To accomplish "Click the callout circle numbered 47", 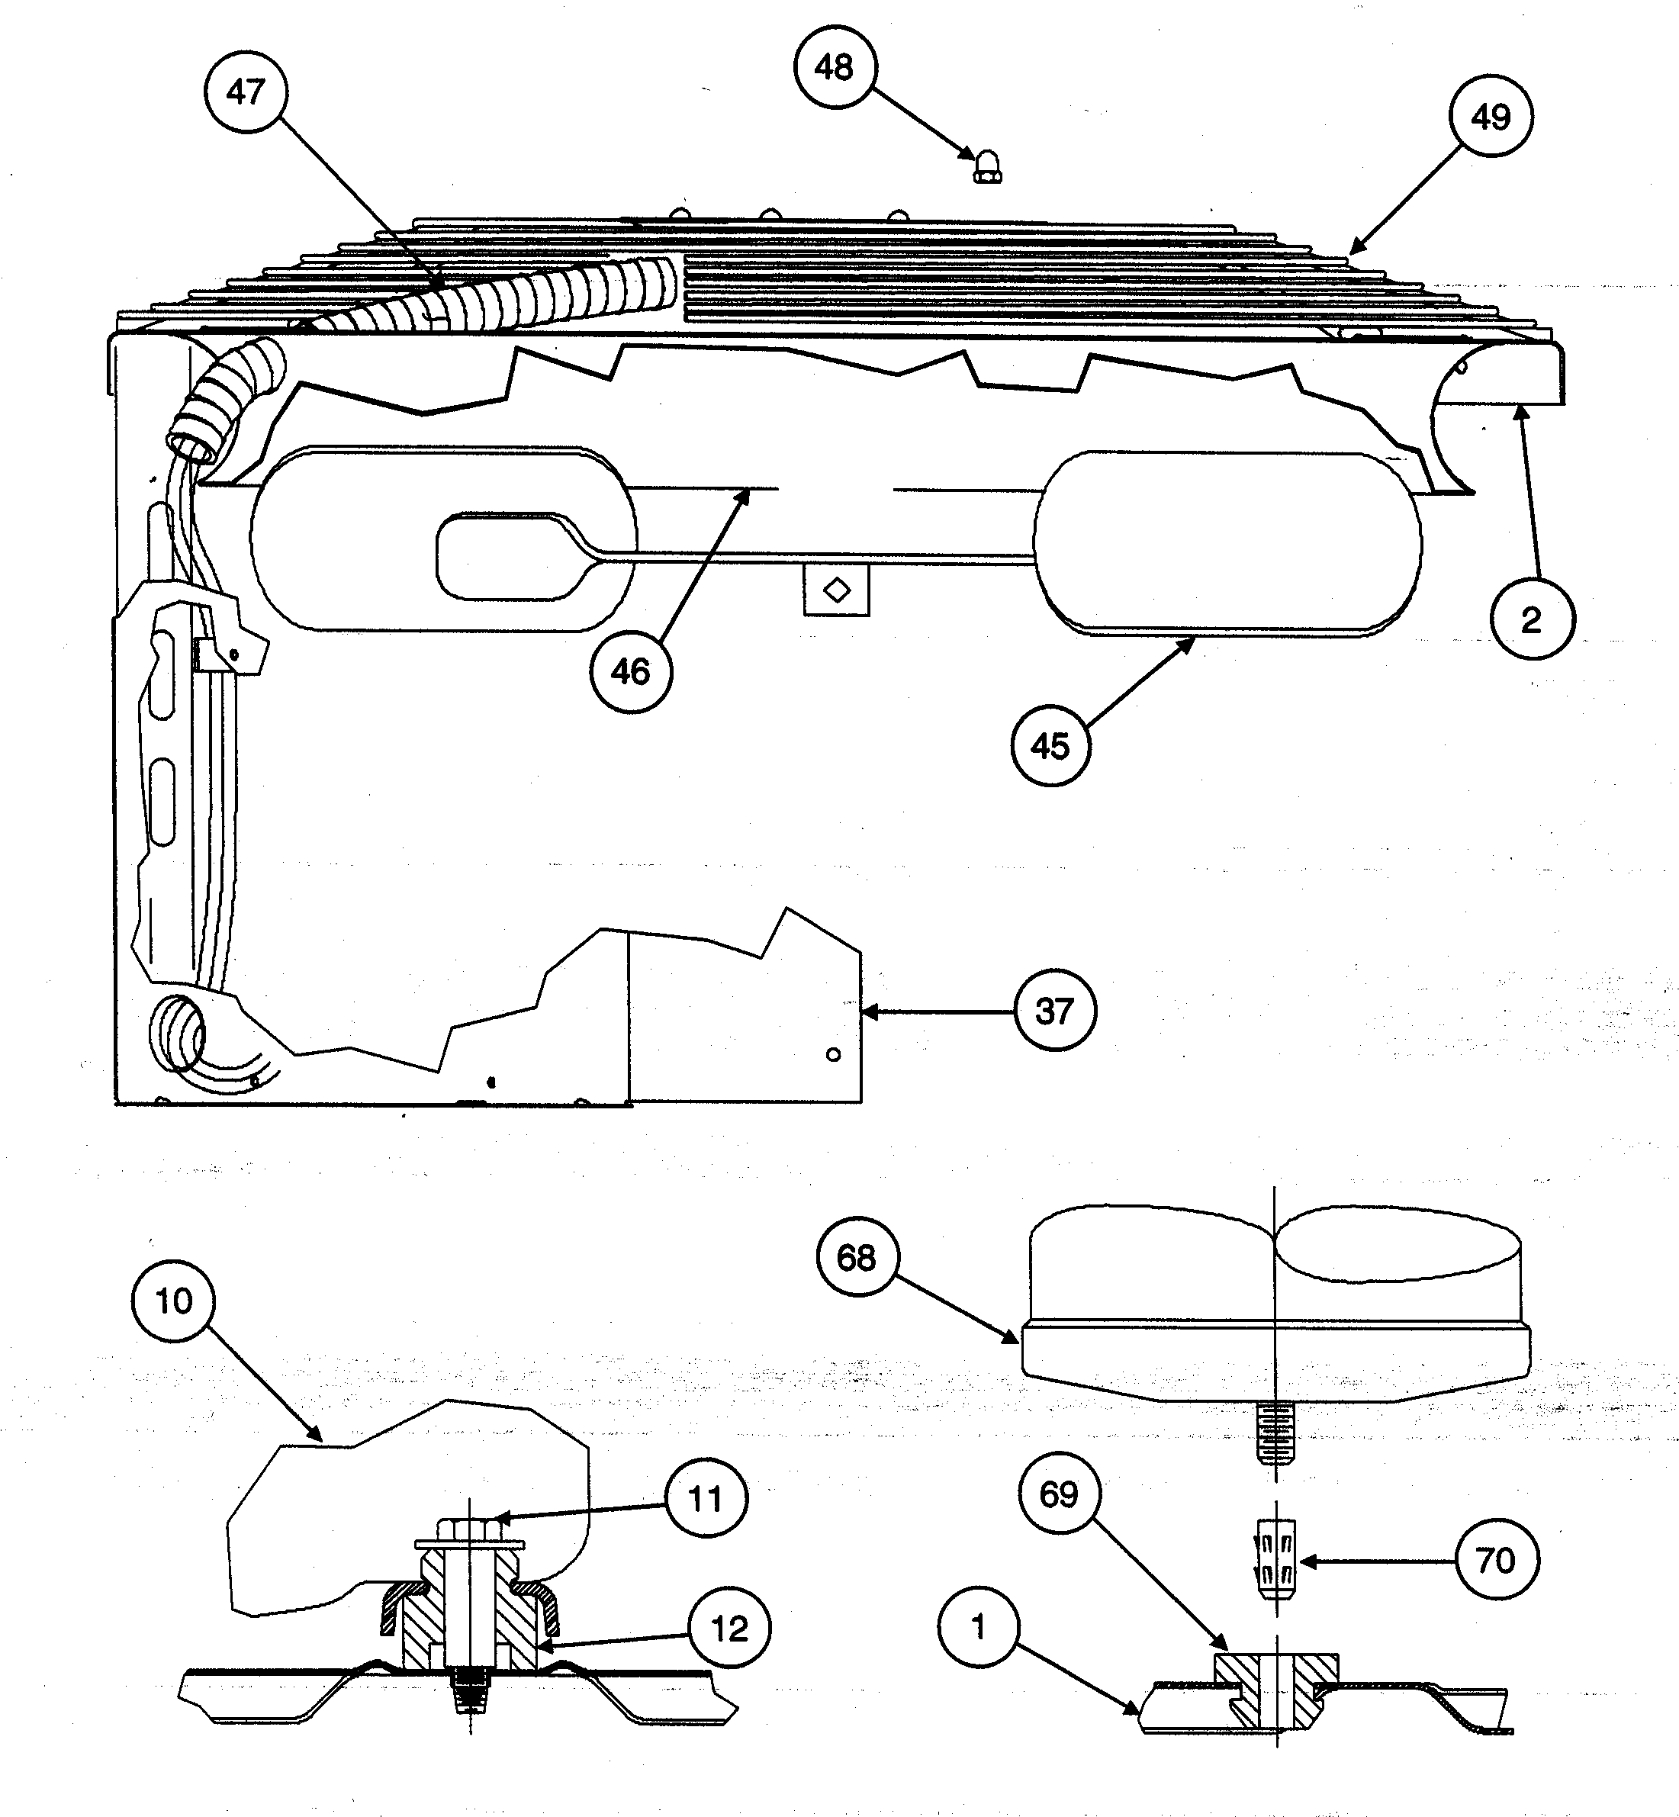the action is [x=246, y=91].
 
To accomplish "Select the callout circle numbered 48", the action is [x=835, y=67].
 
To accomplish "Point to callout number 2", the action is [x=1532, y=619].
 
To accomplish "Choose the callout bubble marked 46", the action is [x=632, y=671].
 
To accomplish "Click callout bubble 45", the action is [x=1051, y=745].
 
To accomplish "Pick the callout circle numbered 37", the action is [x=1055, y=1011].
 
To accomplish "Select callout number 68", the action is [x=857, y=1257].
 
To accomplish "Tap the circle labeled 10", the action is [x=175, y=1301].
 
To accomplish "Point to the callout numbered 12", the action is [x=729, y=1629].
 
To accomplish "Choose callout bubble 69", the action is [x=1060, y=1494].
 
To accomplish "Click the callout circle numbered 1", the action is [x=979, y=1627].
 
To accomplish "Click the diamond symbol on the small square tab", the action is [x=837, y=590].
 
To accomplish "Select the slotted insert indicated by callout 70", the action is [x=1275, y=1561].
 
